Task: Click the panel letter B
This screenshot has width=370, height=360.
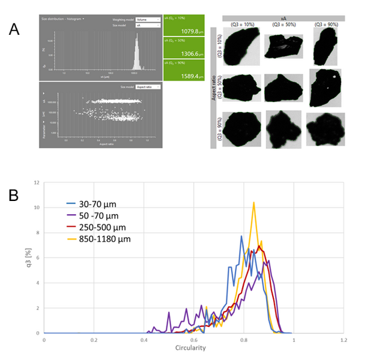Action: (x=16, y=196)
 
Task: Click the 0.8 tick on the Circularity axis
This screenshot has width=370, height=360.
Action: (x=243, y=340)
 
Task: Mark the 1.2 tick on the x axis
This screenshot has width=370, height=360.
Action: (x=344, y=340)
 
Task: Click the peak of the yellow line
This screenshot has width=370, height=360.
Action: (x=254, y=202)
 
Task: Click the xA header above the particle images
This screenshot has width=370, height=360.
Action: (x=285, y=19)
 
